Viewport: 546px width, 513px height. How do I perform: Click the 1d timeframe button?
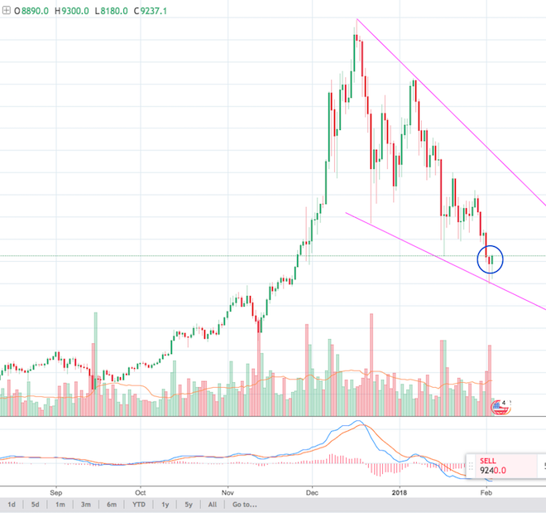(x=12, y=504)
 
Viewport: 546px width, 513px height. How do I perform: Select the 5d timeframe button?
(x=35, y=504)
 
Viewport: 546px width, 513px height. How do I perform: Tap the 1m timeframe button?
(x=60, y=504)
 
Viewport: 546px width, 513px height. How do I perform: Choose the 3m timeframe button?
(x=86, y=504)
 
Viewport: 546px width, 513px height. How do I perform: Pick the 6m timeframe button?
(x=113, y=504)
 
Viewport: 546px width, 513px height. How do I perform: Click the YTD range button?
(x=139, y=504)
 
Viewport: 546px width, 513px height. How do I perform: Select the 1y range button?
(x=165, y=504)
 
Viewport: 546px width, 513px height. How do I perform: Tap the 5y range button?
(x=189, y=504)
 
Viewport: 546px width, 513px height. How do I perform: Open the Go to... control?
(x=246, y=504)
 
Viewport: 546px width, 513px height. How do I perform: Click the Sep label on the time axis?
(x=57, y=489)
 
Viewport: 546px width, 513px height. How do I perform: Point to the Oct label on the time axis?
(x=141, y=489)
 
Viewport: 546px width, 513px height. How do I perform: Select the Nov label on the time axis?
(x=229, y=489)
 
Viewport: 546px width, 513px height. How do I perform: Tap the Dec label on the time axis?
(x=314, y=489)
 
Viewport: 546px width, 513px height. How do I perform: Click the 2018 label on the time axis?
(x=400, y=489)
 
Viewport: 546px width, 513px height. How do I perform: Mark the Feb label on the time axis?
(x=486, y=489)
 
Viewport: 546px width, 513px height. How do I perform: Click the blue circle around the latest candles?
(x=491, y=259)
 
